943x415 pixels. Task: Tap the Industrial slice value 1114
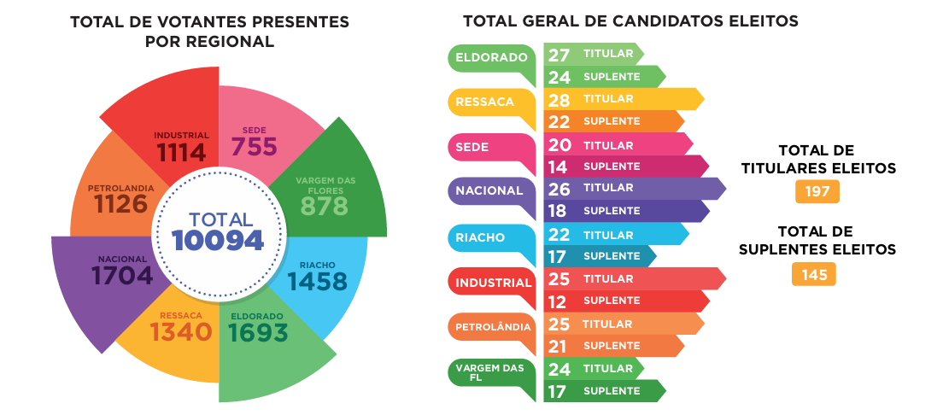(x=181, y=152)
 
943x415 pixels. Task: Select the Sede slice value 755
(x=255, y=146)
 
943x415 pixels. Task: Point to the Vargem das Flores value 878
(x=325, y=206)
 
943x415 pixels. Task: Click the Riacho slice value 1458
(x=317, y=281)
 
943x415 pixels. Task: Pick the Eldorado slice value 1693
(x=259, y=332)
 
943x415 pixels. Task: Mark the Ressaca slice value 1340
(x=180, y=331)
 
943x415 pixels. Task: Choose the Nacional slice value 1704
(x=122, y=275)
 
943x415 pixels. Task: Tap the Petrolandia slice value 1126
(x=120, y=203)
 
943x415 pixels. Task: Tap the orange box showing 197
(x=817, y=191)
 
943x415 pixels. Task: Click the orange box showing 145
(x=813, y=274)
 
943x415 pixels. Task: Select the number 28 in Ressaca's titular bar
(x=559, y=100)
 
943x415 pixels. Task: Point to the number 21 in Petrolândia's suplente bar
(x=559, y=346)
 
